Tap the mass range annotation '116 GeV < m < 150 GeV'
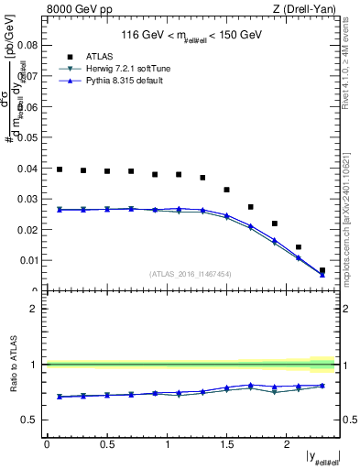tap(192, 36)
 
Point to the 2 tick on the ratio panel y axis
tap(33, 309)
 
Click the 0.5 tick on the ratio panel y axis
tap(29, 420)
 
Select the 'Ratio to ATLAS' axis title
tap(12, 363)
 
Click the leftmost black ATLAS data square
tap(60, 169)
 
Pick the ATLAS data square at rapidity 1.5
tap(226, 190)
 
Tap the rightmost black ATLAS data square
tap(322, 270)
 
